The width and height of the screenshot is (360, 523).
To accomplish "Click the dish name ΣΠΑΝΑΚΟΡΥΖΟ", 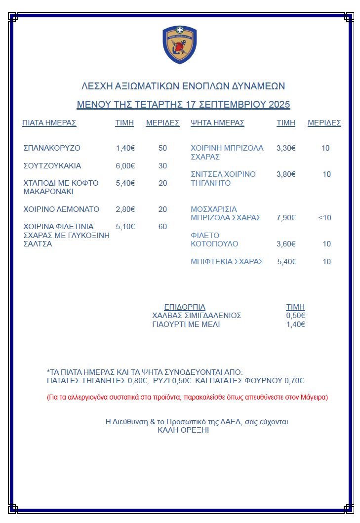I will [x=52, y=148].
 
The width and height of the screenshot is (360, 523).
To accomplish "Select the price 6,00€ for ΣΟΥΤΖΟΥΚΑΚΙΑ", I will [x=125, y=166].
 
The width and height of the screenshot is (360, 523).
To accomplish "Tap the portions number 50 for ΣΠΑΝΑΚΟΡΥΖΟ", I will [x=163, y=148].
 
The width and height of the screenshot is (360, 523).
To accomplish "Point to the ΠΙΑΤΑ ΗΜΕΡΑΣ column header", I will [x=49, y=123].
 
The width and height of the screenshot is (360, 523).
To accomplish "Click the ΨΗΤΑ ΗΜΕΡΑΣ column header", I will [x=217, y=123].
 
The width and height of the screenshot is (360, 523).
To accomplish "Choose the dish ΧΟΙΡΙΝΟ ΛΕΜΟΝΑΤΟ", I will [x=61, y=209].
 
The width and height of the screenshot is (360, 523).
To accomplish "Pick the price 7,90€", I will [x=286, y=218].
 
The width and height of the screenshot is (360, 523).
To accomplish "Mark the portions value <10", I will [x=325, y=218].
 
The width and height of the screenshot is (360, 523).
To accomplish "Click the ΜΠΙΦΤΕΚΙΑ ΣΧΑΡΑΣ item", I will [x=227, y=262].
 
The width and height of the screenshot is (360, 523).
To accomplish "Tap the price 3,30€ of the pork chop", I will [x=286, y=148].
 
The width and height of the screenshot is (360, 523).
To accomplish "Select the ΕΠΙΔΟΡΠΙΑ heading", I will [x=185, y=307].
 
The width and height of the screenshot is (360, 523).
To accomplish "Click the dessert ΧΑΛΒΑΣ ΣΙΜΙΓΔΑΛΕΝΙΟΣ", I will [x=197, y=316].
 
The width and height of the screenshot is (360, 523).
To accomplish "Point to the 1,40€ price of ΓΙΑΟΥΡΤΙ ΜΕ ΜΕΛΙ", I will [x=296, y=324].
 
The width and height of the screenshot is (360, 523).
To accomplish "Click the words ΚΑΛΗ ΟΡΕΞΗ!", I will [x=183, y=431].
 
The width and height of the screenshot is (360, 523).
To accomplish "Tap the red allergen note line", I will [x=187, y=397].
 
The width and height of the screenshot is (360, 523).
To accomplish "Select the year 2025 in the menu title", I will [x=280, y=105].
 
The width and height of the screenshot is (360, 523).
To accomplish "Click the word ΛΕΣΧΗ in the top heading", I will [x=96, y=86].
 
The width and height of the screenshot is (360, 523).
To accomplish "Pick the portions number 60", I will [x=163, y=227].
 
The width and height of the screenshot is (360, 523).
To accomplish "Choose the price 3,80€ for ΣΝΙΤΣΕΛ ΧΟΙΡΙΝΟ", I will [x=286, y=174].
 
